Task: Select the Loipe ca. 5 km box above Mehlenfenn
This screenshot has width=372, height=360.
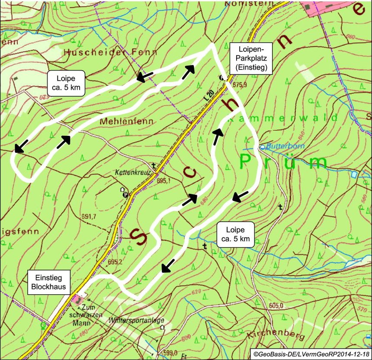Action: click(x=66, y=84)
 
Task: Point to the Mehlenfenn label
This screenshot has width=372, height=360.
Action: click(x=126, y=122)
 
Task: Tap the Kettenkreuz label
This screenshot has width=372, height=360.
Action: click(x=132, y=172)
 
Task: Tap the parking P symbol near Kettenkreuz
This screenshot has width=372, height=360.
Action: click(x=125, y=195)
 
